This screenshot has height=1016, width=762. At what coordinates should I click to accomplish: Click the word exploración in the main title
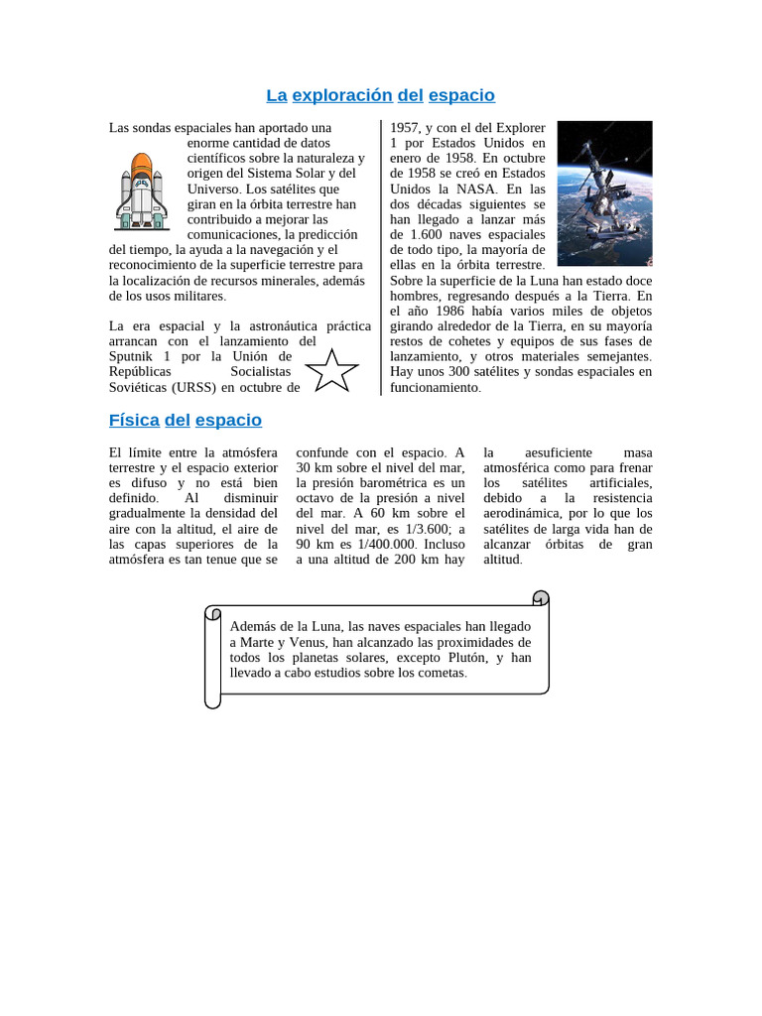pyautogui.click(x=342, y=95)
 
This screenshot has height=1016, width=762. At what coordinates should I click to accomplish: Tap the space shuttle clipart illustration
pyautogui.click(x=141, y=190)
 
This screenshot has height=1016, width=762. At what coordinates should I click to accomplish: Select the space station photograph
pyautogui.click(x=604, y=193)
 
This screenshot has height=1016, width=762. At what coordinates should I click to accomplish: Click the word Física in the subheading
pyautogui.click(x=134, y=420)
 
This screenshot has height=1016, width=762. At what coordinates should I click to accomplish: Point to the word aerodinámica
pyautogui.click(x=530, y=513)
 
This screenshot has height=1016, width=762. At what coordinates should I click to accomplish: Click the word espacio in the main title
pyautogui.click(x=461, y=95)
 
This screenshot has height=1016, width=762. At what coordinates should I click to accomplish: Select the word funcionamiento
pyautogui.click(x=435, y=387)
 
